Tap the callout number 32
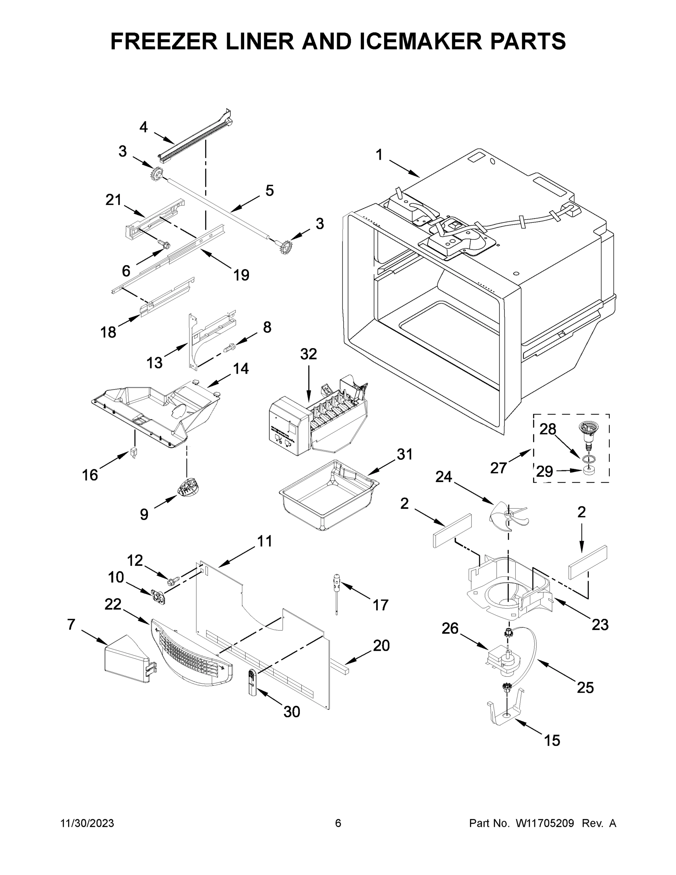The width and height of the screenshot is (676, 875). coord(308,354)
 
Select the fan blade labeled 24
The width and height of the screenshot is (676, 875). coord(509,514)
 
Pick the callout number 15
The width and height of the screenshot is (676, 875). coord(551,740)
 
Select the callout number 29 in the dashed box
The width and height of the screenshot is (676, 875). coord(545,471)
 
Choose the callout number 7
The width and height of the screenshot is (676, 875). coord(71,624)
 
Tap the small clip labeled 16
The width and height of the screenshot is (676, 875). coord(134,454)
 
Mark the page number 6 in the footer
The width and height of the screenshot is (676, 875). coord(338,823)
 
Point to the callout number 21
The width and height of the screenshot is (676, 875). coord(113,199)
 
